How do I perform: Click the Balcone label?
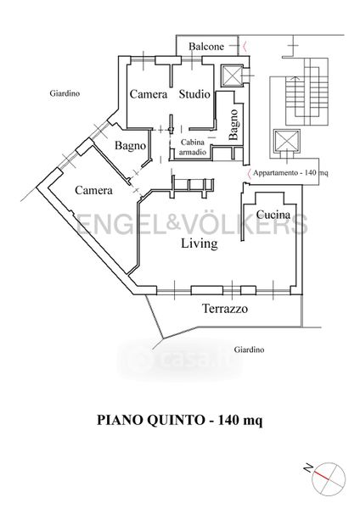click(206, 47)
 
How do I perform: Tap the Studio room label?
click(194, 94)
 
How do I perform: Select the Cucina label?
click(273, 215)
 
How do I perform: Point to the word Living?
click(200, 243)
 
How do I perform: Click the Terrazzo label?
click(225, 309)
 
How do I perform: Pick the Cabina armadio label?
click(193, 147)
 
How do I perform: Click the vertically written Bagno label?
click(233, 125)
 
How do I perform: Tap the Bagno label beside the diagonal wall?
click(130, 146)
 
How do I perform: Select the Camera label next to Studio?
click(149, 94)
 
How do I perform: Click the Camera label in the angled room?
click(93, 190)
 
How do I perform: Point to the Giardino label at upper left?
click(65, 93)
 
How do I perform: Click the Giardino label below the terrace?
click(250, 350)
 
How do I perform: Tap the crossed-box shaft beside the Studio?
click(232, 76)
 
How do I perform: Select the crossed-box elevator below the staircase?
click(287, 141)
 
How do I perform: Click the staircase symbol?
click(307, 92)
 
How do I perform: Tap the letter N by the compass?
click(307, 468)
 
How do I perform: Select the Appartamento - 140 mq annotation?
click(290, 173)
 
